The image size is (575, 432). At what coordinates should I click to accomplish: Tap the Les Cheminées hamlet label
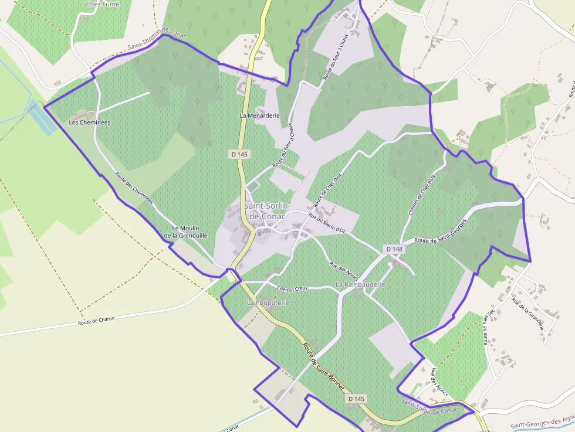90,123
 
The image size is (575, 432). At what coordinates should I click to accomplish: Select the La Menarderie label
259,115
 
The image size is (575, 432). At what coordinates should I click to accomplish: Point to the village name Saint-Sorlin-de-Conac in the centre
265,211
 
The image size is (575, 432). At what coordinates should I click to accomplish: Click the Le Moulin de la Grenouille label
186,232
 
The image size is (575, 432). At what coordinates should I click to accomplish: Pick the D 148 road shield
395,249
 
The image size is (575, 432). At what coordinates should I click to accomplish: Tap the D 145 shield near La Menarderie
239,154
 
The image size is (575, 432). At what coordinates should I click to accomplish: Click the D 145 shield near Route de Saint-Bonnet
356,399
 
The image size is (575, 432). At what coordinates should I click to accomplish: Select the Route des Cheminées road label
134,188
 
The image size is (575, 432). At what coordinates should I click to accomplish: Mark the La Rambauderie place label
360,284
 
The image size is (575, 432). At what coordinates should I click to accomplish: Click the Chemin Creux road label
293,289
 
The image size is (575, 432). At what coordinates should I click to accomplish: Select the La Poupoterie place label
268,302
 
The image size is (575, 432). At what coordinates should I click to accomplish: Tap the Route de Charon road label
96,321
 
